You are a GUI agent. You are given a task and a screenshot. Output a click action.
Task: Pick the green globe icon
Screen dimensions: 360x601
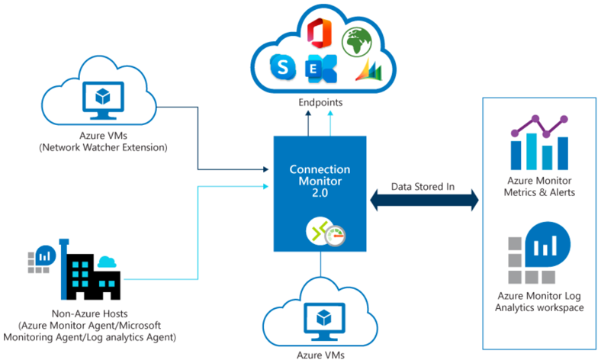point(356,42)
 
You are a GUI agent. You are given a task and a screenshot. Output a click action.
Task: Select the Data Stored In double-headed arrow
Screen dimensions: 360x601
point(424,201)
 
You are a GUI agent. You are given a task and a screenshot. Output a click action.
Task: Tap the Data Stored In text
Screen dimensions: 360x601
point(423,185)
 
